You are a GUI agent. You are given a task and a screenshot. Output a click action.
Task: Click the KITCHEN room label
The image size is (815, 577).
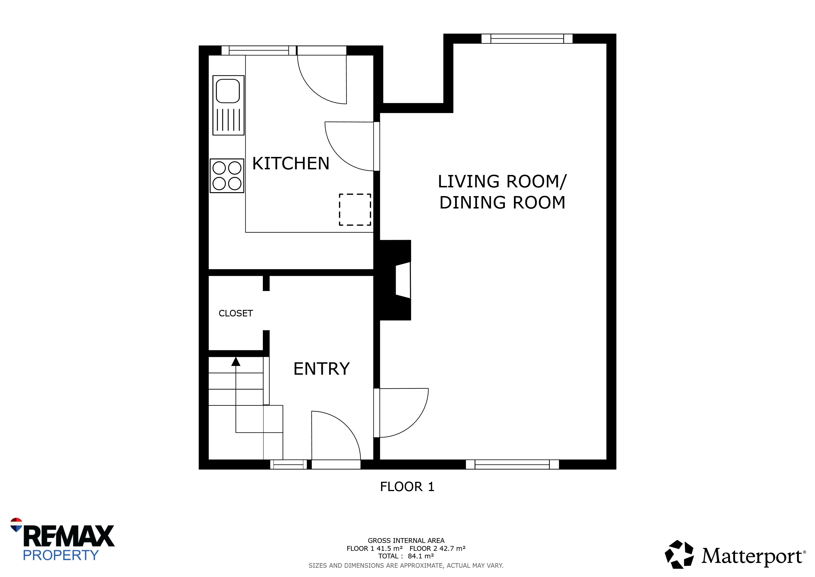[x=291, y=163]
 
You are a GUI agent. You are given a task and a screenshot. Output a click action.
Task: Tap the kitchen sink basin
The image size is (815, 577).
[x=228, y=91]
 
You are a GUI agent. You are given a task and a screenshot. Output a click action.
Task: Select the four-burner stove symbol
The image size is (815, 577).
[x=227, y=176]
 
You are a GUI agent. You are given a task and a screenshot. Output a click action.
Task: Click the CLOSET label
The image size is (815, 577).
[x=236, y=313]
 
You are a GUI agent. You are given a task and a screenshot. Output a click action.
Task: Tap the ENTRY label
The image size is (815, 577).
[x=322, y=369]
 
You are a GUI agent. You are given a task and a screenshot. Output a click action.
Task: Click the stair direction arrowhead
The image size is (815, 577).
[x=236, y=362]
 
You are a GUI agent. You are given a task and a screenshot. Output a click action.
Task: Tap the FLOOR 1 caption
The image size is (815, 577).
[x=407, y=487]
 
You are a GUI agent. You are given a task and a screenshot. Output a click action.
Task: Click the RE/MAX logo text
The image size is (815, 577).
[x=69, y=536]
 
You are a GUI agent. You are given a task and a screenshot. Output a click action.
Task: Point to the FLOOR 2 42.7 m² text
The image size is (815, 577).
[x=437, y=549]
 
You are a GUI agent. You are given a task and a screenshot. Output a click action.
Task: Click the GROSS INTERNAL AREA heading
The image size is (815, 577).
[x=406, y=541]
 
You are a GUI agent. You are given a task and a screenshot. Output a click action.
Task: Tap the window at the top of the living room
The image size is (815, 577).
[x=527, y=38]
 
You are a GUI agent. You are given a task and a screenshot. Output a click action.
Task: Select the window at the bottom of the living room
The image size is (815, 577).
[x=512, y=464]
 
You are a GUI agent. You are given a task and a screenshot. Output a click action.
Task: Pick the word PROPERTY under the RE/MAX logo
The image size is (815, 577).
[x=61, y=555]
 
